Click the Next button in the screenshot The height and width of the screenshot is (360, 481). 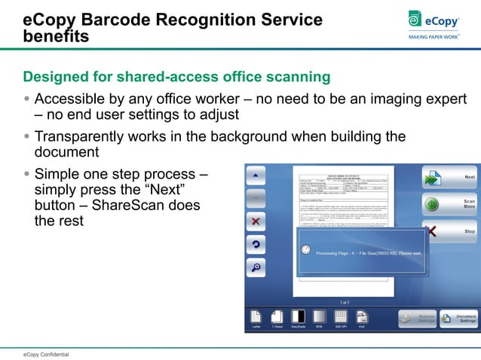pos(449,178)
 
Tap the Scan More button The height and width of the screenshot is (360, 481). pos(449,204)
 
